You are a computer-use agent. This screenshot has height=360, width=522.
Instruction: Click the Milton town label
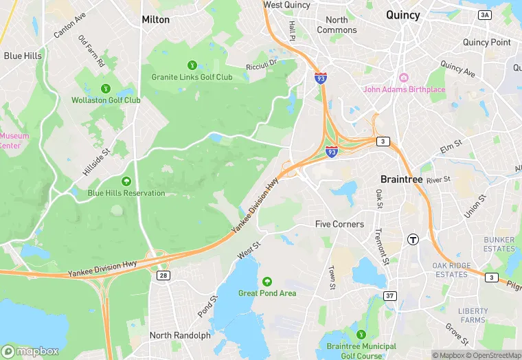click(x=155, y=19)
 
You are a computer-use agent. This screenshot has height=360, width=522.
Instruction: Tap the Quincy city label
click(x=402, y=14)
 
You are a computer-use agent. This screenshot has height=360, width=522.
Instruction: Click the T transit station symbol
click(x=413, y=239)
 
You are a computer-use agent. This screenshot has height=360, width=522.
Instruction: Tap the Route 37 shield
click(x=390, y=295)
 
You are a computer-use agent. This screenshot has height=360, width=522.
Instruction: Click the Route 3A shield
click(x=485, y=14)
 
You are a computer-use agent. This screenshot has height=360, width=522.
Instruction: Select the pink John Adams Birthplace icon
click(x=404, y=77)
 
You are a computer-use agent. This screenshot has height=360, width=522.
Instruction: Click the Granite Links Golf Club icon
click(x=192, y=65)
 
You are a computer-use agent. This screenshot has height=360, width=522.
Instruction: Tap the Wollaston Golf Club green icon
click(x=106, y=88)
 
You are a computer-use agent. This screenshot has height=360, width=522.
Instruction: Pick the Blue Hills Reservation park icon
click(x=126, y=181)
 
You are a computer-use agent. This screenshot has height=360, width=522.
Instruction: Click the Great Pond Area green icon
click(x=267, y=282)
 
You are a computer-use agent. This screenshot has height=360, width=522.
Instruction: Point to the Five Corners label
click(x=339, y=224)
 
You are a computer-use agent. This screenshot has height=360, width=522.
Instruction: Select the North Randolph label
click(x=180, y=335)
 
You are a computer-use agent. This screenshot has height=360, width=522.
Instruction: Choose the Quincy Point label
click(x=486, y=42)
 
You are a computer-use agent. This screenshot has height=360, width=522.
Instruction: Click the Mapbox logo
click(x=30, y=351)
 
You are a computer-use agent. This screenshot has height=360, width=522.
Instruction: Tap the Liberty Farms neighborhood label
click(x=473, y=315)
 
